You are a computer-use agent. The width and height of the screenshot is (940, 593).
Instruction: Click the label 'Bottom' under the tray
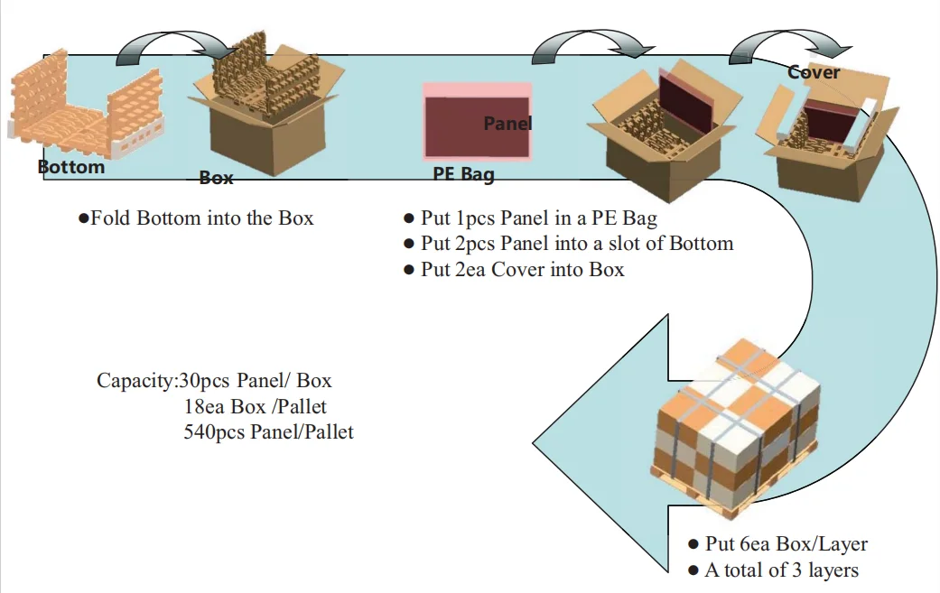click(x=71, y=167)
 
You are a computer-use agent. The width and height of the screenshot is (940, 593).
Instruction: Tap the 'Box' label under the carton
click(x=216, y=178)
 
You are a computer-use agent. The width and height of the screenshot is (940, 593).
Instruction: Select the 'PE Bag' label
click(x=463, y=173)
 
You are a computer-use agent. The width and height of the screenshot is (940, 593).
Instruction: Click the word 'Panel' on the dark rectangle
click(x=507, y=124)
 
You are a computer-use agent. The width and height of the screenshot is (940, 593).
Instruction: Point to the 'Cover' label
click(x=814, y=72)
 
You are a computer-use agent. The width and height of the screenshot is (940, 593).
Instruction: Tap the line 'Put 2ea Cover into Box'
click(x=520, y=270)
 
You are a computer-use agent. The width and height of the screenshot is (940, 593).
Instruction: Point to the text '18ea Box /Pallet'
click(x=255, y=406)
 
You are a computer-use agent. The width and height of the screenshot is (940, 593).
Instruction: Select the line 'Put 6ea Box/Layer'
click(x=786, y=544)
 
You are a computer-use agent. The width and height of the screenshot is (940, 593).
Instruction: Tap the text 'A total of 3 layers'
click(x=781, y=570)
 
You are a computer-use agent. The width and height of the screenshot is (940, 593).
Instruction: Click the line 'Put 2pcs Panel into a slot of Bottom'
click(x=576, y=244)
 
